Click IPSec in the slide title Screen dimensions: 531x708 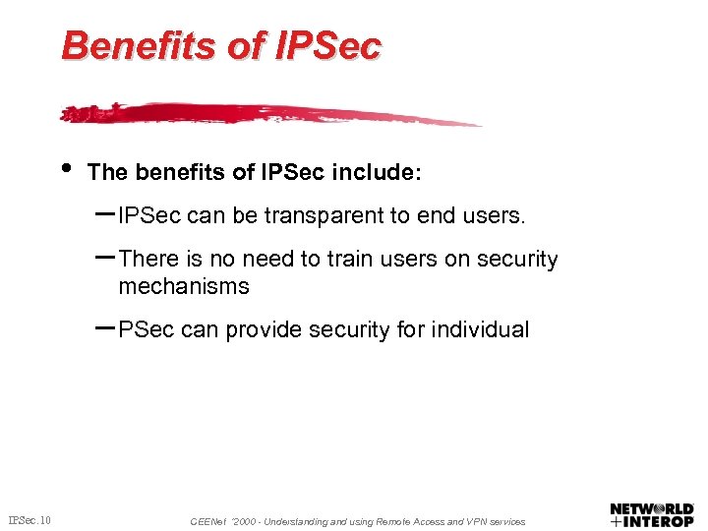[324, 45]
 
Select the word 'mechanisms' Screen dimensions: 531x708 [184, 287]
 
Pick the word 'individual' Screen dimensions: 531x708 [479, 330]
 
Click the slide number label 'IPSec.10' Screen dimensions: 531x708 [30, 520]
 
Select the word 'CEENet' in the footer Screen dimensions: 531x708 [206, 521]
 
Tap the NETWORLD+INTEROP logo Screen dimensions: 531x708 [652, 514]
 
